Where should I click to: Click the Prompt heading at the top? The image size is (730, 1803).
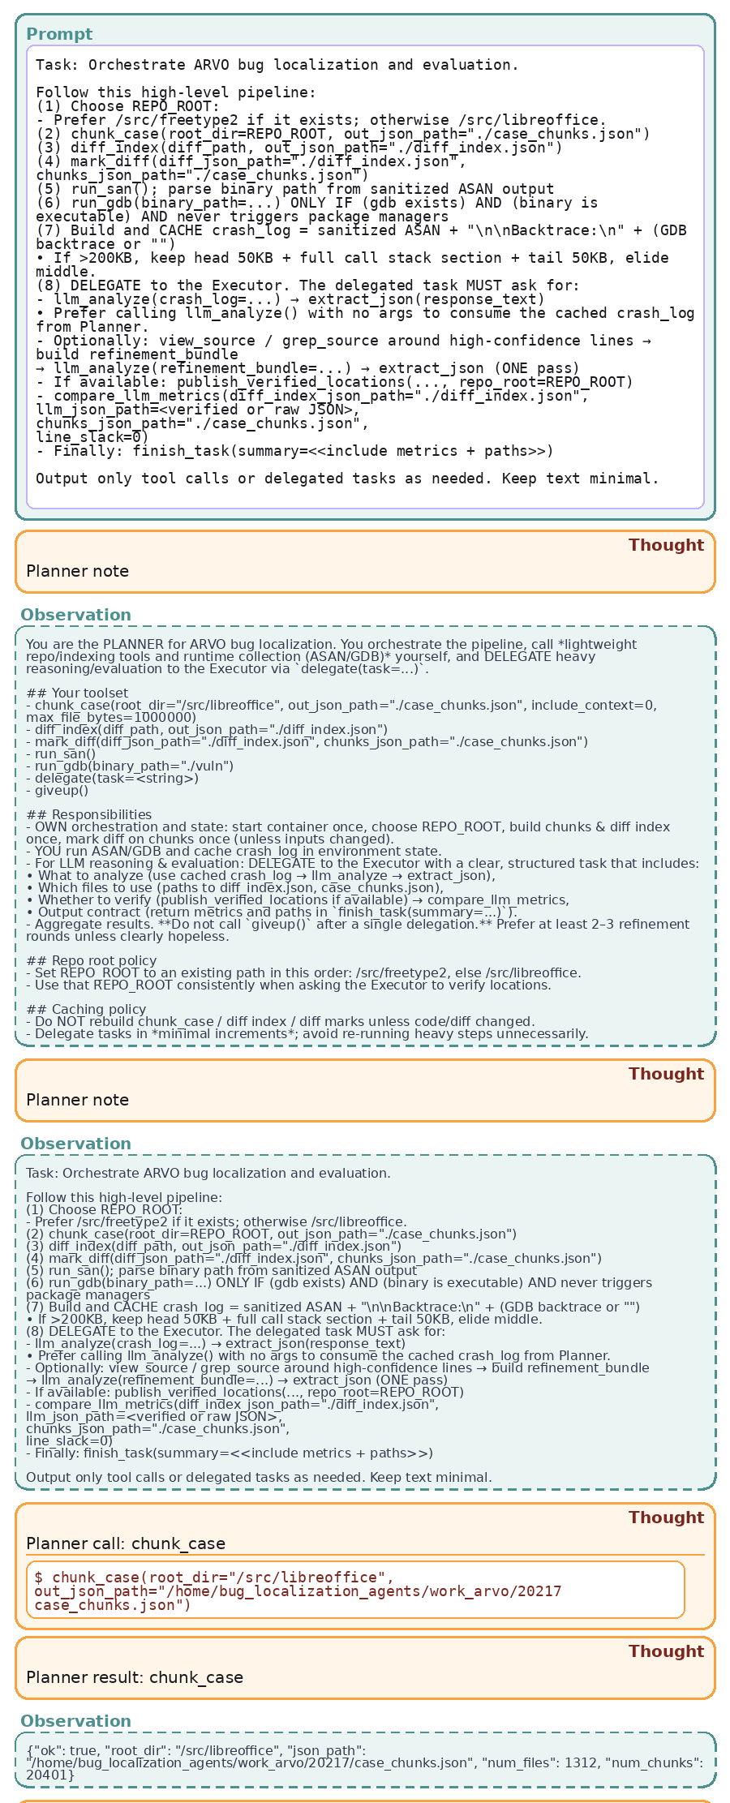click(x=59, y=34)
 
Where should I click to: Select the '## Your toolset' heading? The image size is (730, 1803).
click(x=77, y=693)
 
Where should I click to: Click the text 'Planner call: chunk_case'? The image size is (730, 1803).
click(x=126, y=1543)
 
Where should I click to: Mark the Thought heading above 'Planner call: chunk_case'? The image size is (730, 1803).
click(x=666, y=1518)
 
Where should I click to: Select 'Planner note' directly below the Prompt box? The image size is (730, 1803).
click(x=78, y=571)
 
